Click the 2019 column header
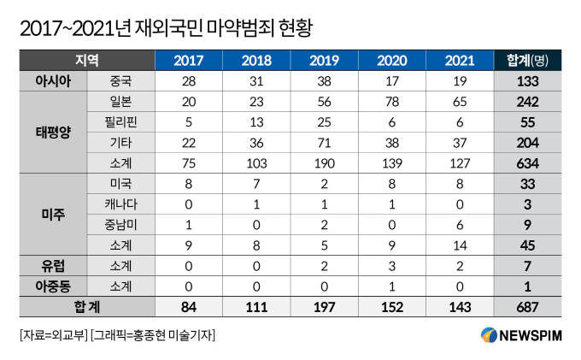tap(324, 61)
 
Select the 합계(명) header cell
tap(527, 61)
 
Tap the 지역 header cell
tap(87, 60)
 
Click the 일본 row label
tap(120, 102)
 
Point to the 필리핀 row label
tap(120, 122)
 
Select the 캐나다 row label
tap(120, 204)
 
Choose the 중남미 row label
tap(120, 225)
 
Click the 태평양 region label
tap(53, 133)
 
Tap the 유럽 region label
tap(53, 266)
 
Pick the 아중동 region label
tap(53, 286)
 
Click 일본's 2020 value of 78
tap(392, 102)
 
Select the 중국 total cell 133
tap(528, 81)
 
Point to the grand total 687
tap(528, 307)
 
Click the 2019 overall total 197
tap(324, 307)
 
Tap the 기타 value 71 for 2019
tap(324, 143)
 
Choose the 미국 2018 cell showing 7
tap(256, 184)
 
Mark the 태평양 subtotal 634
tap(528, 163)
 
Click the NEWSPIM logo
tap(522, 335)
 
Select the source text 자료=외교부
tap(54, 335)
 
